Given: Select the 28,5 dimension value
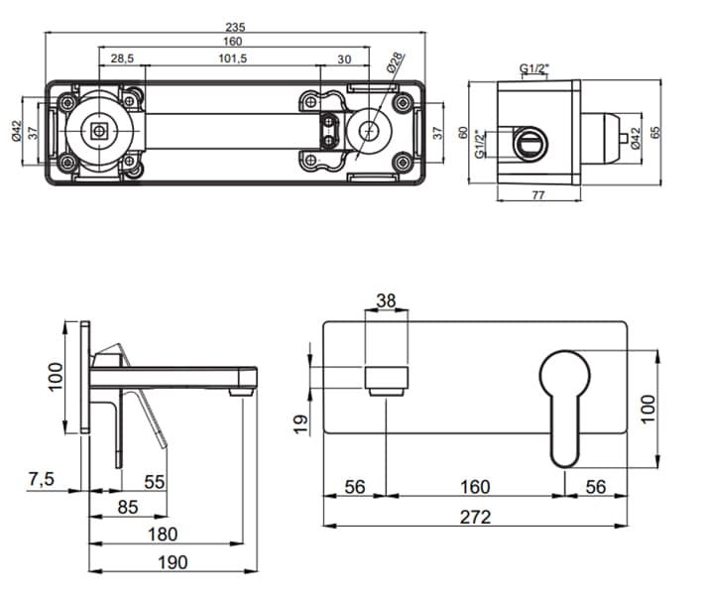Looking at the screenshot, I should point(123,60).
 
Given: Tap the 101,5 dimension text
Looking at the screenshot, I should point(234,60).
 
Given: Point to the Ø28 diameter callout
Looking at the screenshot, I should point(394,62).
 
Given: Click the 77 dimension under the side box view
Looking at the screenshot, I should point(537,195).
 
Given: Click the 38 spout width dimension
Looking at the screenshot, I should point(387,299).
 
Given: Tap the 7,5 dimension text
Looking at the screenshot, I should point(41,480).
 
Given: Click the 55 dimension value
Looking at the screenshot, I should point(154,482).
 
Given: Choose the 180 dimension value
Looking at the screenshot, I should point(163,535).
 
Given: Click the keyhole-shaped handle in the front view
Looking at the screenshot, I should point(565,397).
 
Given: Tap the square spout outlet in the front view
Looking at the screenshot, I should point(387,378).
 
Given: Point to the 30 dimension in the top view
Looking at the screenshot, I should point(344,60).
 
